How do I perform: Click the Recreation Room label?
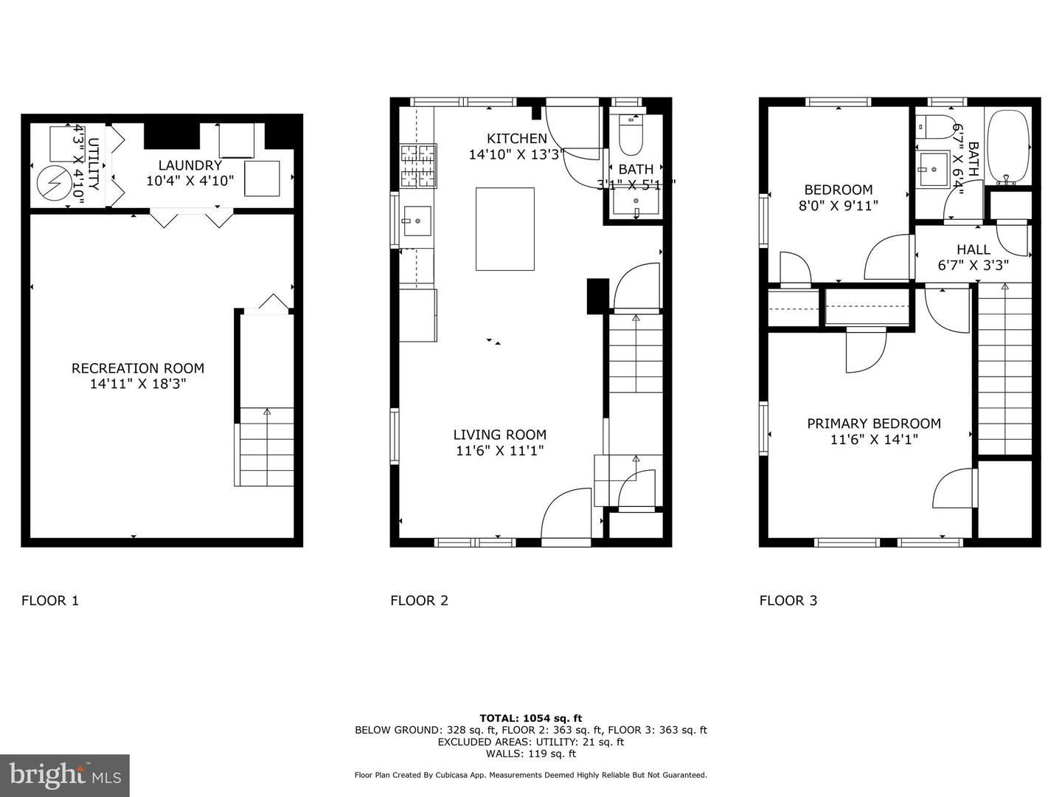click(x=137, y=368)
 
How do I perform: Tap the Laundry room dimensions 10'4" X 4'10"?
click(x=190, y=181)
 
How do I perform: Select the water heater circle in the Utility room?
click(x=52, y=184)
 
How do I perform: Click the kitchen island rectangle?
click(x=504, y=229)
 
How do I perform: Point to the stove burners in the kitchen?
click(x=418, y=165)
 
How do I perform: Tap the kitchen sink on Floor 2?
click(x=417, y=220)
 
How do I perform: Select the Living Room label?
click(x=499, y=435)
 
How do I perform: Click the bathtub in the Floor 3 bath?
click(x=1007, y=148)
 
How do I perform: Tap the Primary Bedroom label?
click(x=873, y=424)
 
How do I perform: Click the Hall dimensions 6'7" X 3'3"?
click(x=973, y=265)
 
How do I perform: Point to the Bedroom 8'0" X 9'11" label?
click(x=838, y=190)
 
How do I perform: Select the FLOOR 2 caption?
click(x=419, y=600)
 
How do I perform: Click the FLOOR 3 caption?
click(x=788, y=600)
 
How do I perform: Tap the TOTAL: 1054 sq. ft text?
click(x=530, y=717)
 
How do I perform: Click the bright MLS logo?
click(x=65, y=775)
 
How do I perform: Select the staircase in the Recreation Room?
click(x=265, y=446)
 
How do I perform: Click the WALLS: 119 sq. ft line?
click(x=530, y=753)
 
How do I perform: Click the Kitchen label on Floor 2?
click(x=516, y=138)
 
